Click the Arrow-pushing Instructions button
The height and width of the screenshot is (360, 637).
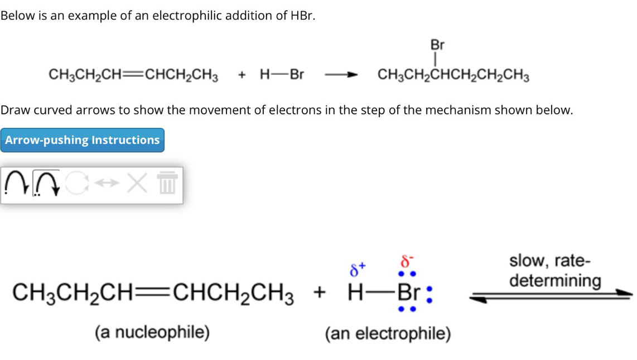tap(83, 140)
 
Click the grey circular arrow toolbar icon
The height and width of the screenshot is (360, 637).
tap(77, 183)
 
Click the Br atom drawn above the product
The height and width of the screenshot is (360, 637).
tap(437, 45)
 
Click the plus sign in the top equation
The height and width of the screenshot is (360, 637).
tap(242, 75)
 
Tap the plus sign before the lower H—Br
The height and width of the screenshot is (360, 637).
tap(320, 291)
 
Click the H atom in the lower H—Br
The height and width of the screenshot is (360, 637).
tap(355, 291)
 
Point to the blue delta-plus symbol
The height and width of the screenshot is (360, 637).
tap(356, 270)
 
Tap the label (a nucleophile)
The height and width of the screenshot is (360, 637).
tap(152, 333)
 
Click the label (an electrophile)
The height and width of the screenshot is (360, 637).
tap(388, 334)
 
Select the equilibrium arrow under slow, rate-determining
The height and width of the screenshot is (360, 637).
tap(551, 296)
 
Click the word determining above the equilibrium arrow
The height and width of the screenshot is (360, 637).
tap(556, 280)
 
